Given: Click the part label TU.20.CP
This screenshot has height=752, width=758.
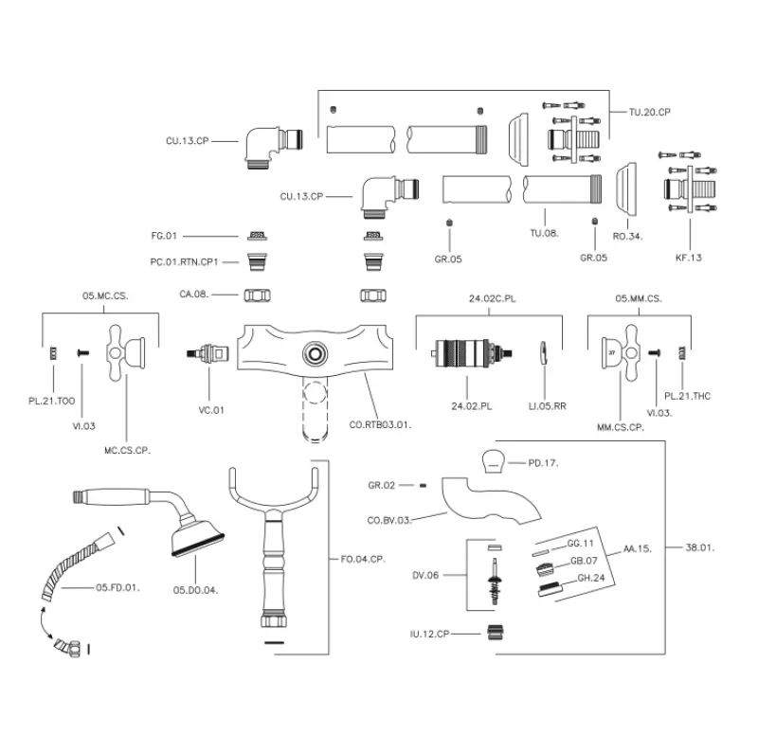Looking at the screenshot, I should [x=650, y=111].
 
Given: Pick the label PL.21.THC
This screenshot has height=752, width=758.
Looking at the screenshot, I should [x=688, y=395].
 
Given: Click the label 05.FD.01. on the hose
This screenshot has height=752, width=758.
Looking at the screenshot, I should [x=117, y=588].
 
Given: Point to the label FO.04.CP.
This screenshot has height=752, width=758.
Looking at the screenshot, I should [x=364, y=558].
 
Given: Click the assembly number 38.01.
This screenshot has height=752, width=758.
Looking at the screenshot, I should [x=700, y=546].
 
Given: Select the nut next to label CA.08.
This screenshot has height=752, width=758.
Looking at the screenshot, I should [x=255, y=295].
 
